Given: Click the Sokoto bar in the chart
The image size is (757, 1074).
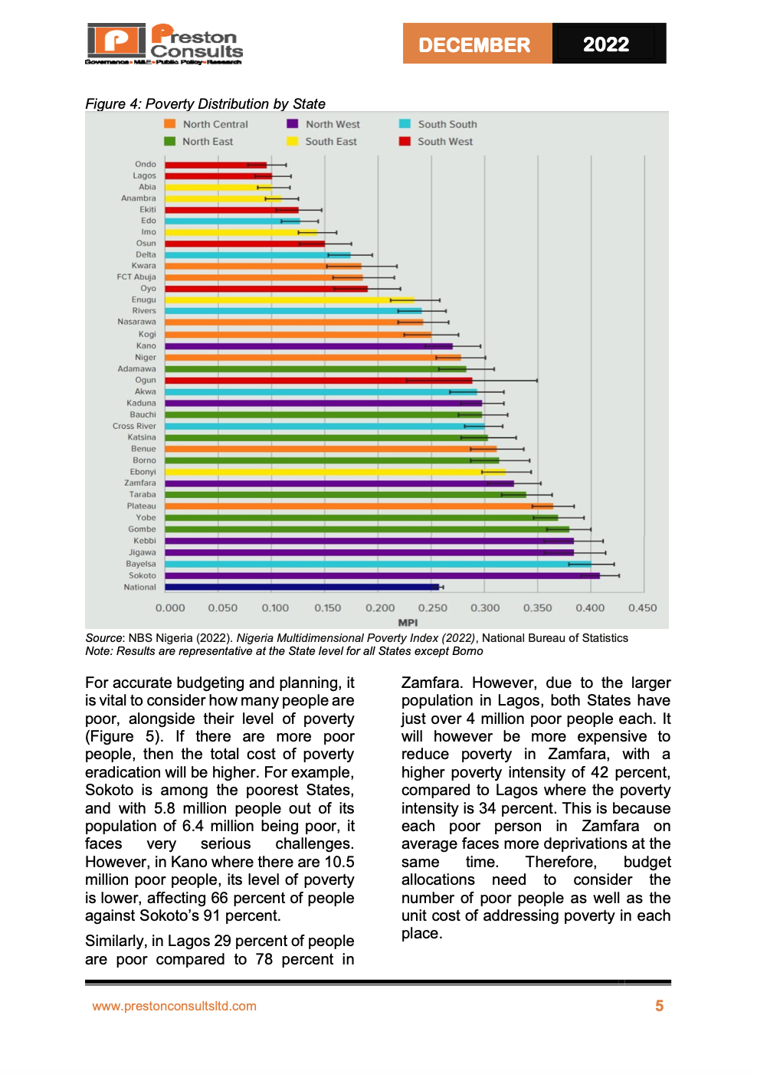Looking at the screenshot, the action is [x=382, y=575].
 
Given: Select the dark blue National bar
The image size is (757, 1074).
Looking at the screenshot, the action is [x=302, y=587].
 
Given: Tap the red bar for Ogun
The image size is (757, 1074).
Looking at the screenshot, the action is [x=318, y=381].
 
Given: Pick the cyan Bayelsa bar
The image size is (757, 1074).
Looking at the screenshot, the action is [x=378, y=564].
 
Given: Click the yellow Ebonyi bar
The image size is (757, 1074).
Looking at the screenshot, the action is [x=335, y=472].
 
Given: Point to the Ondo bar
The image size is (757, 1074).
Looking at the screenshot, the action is [x=216, y=165].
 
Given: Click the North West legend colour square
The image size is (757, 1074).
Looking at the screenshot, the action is [x=293, y=123].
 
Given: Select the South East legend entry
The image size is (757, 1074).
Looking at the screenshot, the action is [x=322, y=142].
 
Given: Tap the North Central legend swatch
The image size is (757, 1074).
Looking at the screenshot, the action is [x=170, y=123].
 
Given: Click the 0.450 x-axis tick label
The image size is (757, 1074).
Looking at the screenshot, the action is [x=642, y=608].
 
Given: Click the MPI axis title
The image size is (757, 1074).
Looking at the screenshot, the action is [x=408, y=622].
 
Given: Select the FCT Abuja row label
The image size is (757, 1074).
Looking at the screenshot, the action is [x=136, y=277].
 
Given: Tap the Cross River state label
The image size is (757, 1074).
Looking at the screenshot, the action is [x=134, y=426].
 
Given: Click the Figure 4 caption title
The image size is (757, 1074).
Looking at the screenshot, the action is [x=205, y=103].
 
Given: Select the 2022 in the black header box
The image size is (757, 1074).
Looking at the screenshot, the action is [x=606, y=44].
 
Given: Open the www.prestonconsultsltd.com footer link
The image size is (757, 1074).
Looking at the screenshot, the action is [x=174, y=1006].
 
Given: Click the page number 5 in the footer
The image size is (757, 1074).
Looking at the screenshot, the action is [x=659, y=1006].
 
